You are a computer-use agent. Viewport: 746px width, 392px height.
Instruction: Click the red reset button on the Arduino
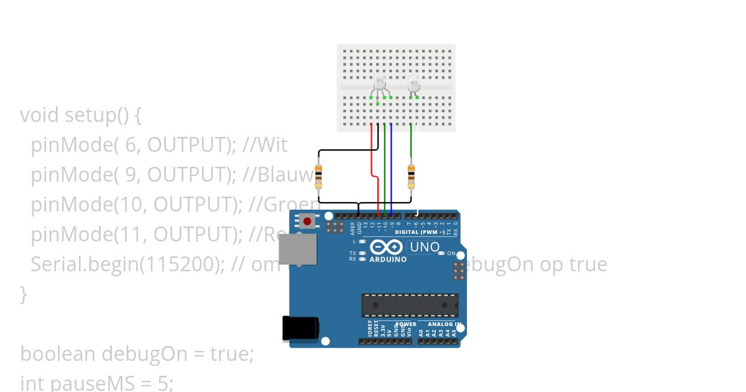tap(307, 221)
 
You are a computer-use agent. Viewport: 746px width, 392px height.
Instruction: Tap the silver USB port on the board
tap(297, 250)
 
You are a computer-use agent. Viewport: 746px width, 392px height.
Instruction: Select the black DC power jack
tap(300, 328)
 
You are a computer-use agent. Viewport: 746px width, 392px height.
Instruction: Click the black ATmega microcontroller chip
tap(410, 305)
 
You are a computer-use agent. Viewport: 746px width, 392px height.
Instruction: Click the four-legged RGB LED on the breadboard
tap(380, 83)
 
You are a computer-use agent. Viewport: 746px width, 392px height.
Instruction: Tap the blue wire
tap(391, 168)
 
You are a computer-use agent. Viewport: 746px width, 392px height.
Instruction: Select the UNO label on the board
tap(425, 247)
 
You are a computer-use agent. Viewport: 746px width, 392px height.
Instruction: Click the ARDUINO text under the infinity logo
tap(388, 259)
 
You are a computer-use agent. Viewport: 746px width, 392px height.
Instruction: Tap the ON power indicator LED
tap(441, 253)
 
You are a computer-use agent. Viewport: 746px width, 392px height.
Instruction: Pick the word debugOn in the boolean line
tap(144, 354)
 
